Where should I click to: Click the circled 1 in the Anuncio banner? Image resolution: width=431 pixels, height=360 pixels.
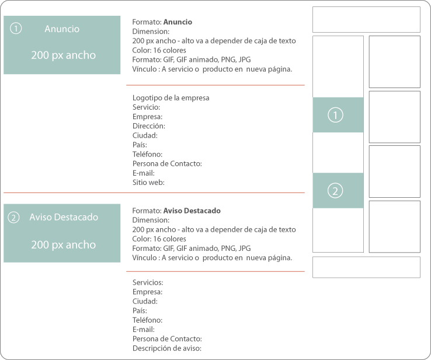coord(16,28)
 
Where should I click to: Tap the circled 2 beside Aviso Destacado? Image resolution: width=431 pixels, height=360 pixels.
coord(14,218)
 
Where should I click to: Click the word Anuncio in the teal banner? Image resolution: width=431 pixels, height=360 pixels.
coord(62,29)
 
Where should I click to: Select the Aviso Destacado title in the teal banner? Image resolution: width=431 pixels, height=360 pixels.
coord(64,217)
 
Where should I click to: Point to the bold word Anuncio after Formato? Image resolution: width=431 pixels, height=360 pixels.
coord(178,22)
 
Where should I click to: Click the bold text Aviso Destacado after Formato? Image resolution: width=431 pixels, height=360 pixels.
coord(192,211)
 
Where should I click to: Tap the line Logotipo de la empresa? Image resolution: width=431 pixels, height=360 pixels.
coord(171,98)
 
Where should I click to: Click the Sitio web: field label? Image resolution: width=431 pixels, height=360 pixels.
coord(148,182)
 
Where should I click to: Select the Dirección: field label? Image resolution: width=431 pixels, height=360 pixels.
coord(148,126)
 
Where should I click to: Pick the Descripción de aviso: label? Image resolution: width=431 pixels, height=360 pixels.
coord(166,348)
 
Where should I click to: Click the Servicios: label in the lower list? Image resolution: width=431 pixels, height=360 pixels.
coord(148,282)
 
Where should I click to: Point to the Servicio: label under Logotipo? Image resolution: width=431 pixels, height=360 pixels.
coord(146,107)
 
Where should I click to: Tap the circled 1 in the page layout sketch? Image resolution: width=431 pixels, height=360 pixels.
coord(335,116)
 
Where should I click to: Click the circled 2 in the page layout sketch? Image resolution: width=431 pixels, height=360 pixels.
coord(335,191)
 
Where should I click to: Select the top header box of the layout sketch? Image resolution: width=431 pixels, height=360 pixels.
coord(366,19)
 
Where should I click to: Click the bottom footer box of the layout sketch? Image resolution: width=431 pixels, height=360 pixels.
coord(366,267)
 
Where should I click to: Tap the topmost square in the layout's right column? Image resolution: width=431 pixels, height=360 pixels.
coord(394,62)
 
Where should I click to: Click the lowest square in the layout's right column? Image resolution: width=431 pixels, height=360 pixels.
coord(394,226)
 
